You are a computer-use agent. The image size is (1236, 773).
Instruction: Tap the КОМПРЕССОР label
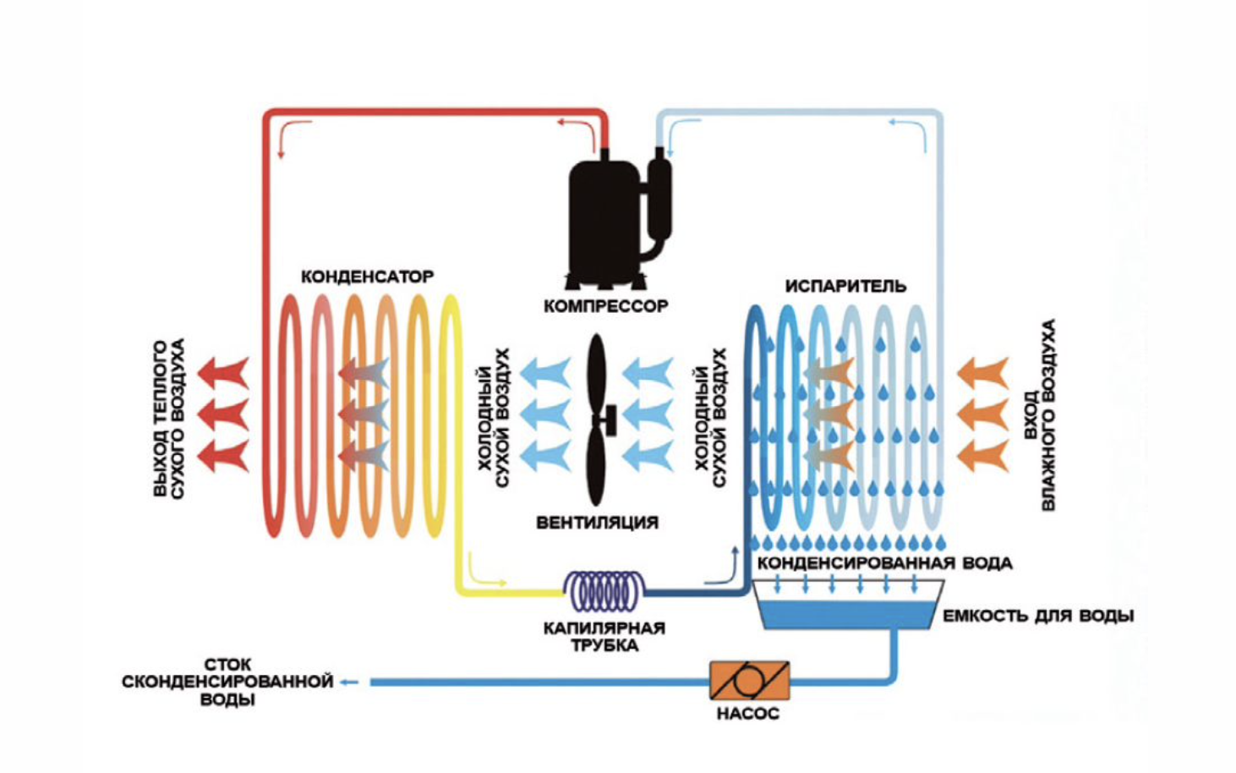pyautogui.click(x=605, y=306)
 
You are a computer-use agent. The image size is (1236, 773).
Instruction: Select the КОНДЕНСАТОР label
pyautogui.click(x=367, y=277)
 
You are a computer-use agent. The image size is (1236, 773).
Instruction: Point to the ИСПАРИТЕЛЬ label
pyautogui.click(x=845, y=286)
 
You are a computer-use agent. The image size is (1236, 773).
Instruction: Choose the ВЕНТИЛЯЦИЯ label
pyautogui.click(x=597, y=523)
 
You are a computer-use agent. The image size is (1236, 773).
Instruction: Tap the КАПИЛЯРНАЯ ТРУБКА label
pyautogui.click(x=604, y=637)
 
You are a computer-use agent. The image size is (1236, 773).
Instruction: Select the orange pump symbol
pyautogui.click(x=749, y=680)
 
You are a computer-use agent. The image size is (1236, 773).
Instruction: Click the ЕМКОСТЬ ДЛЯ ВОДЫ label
pyautogui.click(x=1038, y=616)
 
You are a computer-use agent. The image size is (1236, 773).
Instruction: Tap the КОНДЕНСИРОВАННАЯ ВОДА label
pyautogui.click(x=884, y=563)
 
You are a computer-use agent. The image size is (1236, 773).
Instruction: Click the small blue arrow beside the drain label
pyautogui.click(x=350, y=682)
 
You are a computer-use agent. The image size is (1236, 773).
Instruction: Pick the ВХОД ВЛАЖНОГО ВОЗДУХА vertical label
pyautogui.click(x=1039, y=414)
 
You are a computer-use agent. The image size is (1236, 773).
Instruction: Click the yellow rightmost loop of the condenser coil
pyautogui.click(x=449, y=414)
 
